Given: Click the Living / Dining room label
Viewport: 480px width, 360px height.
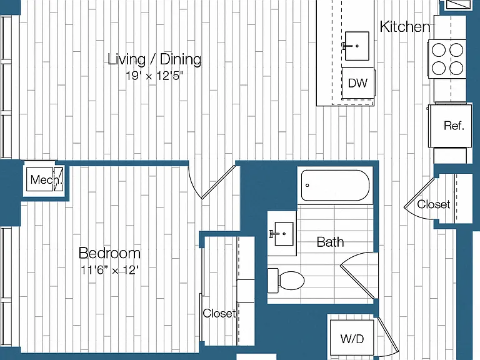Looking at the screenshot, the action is pos(154,59).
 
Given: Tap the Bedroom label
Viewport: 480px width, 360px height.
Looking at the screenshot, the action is pos(109,253).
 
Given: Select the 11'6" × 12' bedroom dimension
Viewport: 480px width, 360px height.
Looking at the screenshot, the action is pos(109,270).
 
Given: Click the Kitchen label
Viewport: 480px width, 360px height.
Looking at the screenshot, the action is pos(405,27).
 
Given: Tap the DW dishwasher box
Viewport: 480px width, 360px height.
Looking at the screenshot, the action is pos(358,83).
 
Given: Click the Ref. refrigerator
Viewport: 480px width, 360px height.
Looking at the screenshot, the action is pos(450,126).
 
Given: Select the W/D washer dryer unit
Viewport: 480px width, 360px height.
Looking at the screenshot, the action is pos(352,339).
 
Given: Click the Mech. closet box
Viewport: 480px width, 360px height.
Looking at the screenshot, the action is pos(45,179).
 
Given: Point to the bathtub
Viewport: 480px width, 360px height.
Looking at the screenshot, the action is pos(335,185).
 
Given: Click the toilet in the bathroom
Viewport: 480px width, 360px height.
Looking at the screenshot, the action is pos(286,281).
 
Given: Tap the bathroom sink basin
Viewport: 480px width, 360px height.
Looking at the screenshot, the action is pos(284,234).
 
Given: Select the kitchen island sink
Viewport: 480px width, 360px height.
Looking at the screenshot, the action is pos(357,46).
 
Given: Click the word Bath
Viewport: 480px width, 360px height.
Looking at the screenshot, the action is pos(330,242).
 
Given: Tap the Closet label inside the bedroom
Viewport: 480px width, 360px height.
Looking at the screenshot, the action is pos(219,313).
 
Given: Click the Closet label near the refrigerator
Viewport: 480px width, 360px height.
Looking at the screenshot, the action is pos(434,204).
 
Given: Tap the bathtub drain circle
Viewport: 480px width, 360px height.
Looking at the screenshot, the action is pos(307,185).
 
